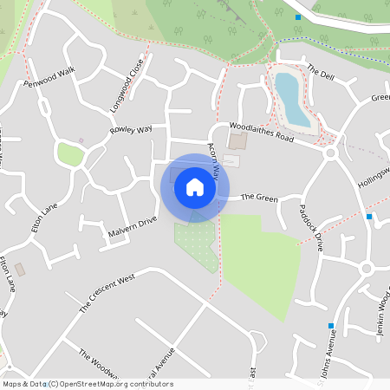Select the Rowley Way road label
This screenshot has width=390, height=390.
[131, 130]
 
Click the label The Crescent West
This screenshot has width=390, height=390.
[107, 293]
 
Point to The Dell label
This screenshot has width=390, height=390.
[320, 75]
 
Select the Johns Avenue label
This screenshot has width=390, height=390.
[320, 355]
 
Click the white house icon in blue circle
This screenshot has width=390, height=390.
[195, 186]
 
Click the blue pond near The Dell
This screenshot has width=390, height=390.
[292, 98]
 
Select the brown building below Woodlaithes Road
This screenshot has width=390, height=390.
[237, 140]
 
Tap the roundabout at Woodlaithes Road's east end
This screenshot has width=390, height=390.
[330, 153]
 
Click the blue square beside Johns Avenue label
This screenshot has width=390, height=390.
[331, 326]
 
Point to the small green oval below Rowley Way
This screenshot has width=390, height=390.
[71, 154]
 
